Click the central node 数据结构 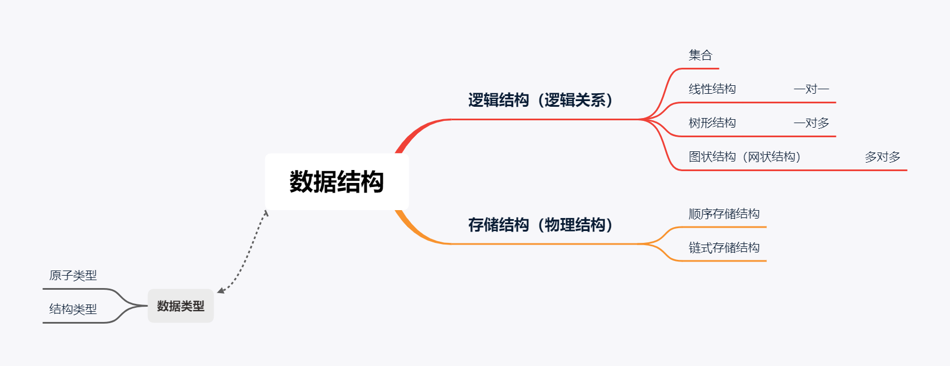tap(336, 182)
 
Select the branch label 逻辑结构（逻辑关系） tap(540, 101)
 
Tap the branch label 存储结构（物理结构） tap(540, 225)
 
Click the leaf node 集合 tap(700, 55)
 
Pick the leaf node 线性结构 tap(712, 89)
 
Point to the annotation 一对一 tap(811, 89)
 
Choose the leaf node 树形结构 tap(712, 123)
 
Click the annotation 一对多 tap(811, 123)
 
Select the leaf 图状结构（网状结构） tap(744, 157)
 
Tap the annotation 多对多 tap(882, 157)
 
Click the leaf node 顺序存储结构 tap(724, 214)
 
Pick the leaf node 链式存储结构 tap(724, 248)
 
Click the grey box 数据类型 tap(180, 306)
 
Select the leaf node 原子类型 tap(73, 276)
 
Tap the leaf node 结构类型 tap(73, 310)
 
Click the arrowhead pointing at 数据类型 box tap(220, 291)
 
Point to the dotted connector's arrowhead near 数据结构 tap(266, 213)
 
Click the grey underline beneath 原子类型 tap(73, 289)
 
